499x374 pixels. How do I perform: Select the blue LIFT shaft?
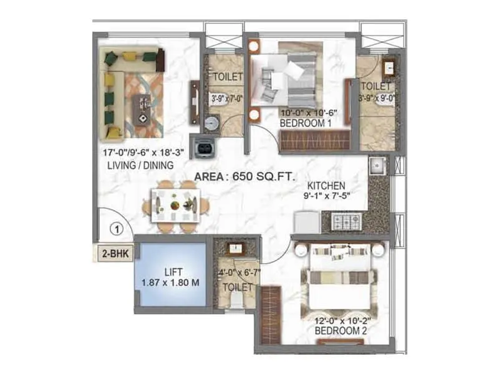click(x=171, y=275)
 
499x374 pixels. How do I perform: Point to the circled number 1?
click(x=115, y=228)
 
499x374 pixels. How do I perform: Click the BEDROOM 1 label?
click(x=306, y=123)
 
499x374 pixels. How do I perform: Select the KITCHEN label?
click(x=326, y=185)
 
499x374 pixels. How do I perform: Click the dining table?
click(x=176, y=205)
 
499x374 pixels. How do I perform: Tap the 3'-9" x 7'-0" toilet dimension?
click(x=225, y=98)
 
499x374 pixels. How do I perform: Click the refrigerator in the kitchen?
click(x=307, y=221)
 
